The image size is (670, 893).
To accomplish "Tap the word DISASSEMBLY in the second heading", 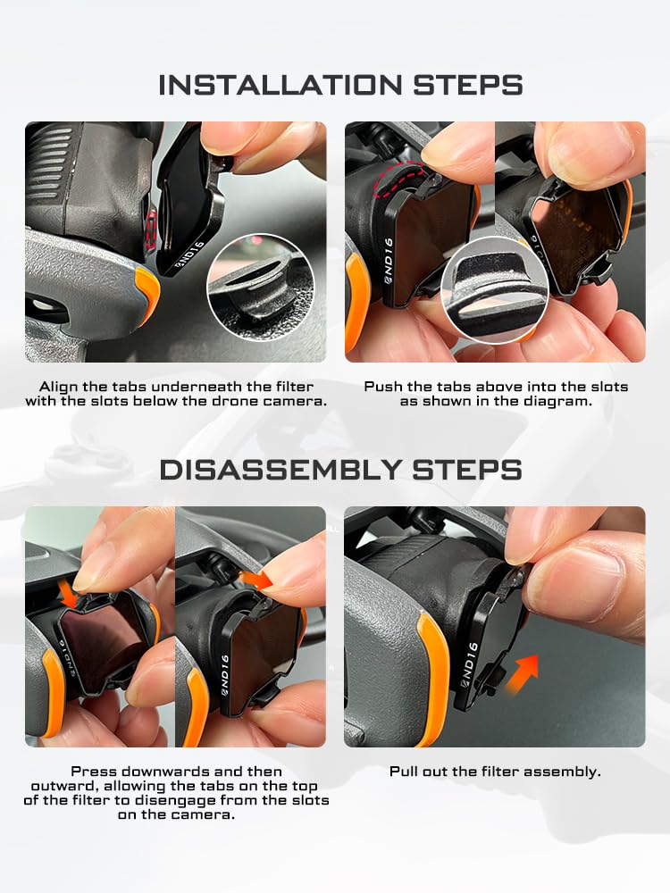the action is (x=280, y=470).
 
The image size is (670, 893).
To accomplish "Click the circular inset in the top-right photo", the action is (x=495, y=291).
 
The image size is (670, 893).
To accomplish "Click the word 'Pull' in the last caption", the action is (x=404, y=772).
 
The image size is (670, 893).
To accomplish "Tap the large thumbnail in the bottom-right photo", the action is (x=575, y=575).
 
